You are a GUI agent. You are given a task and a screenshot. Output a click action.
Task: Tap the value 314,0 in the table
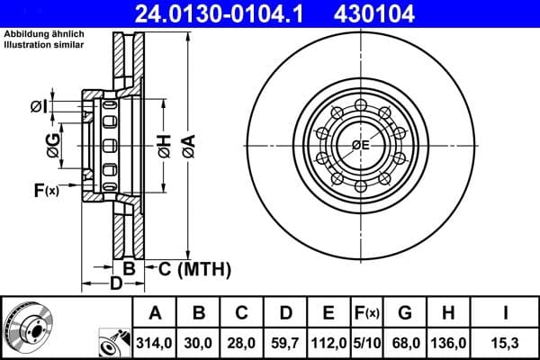pyautogui.click(x=154, y=342)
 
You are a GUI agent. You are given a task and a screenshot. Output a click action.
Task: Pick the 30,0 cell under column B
pyautogui.click(x=199, y=342)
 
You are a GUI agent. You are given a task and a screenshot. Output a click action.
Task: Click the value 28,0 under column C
pyautogui.click(x=242, y=342)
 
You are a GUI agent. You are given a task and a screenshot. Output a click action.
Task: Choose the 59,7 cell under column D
pyautogui.click(x=285, y=342)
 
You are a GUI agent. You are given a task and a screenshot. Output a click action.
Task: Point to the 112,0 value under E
pyautogui.click(x=328, y=342)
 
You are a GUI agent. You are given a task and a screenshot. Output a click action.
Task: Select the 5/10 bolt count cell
pyautogui.click(x=367, y=342)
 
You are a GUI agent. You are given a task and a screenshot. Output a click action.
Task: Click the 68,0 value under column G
pyautogui.click(x=405, y=342)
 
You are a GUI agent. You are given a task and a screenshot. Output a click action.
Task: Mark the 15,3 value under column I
pyautogui.click(x=505, y=342)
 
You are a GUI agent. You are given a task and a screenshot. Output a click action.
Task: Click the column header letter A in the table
pyautogui.click(x=154, y=313)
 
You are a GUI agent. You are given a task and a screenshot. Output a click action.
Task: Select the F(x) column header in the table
pyautogui.click(x=367, y=313)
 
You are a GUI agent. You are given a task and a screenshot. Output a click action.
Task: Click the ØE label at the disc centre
pyautogui.click(x=360, y=145)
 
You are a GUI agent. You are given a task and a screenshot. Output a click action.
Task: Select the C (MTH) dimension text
pyautogui.click(x=194, y=268)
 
